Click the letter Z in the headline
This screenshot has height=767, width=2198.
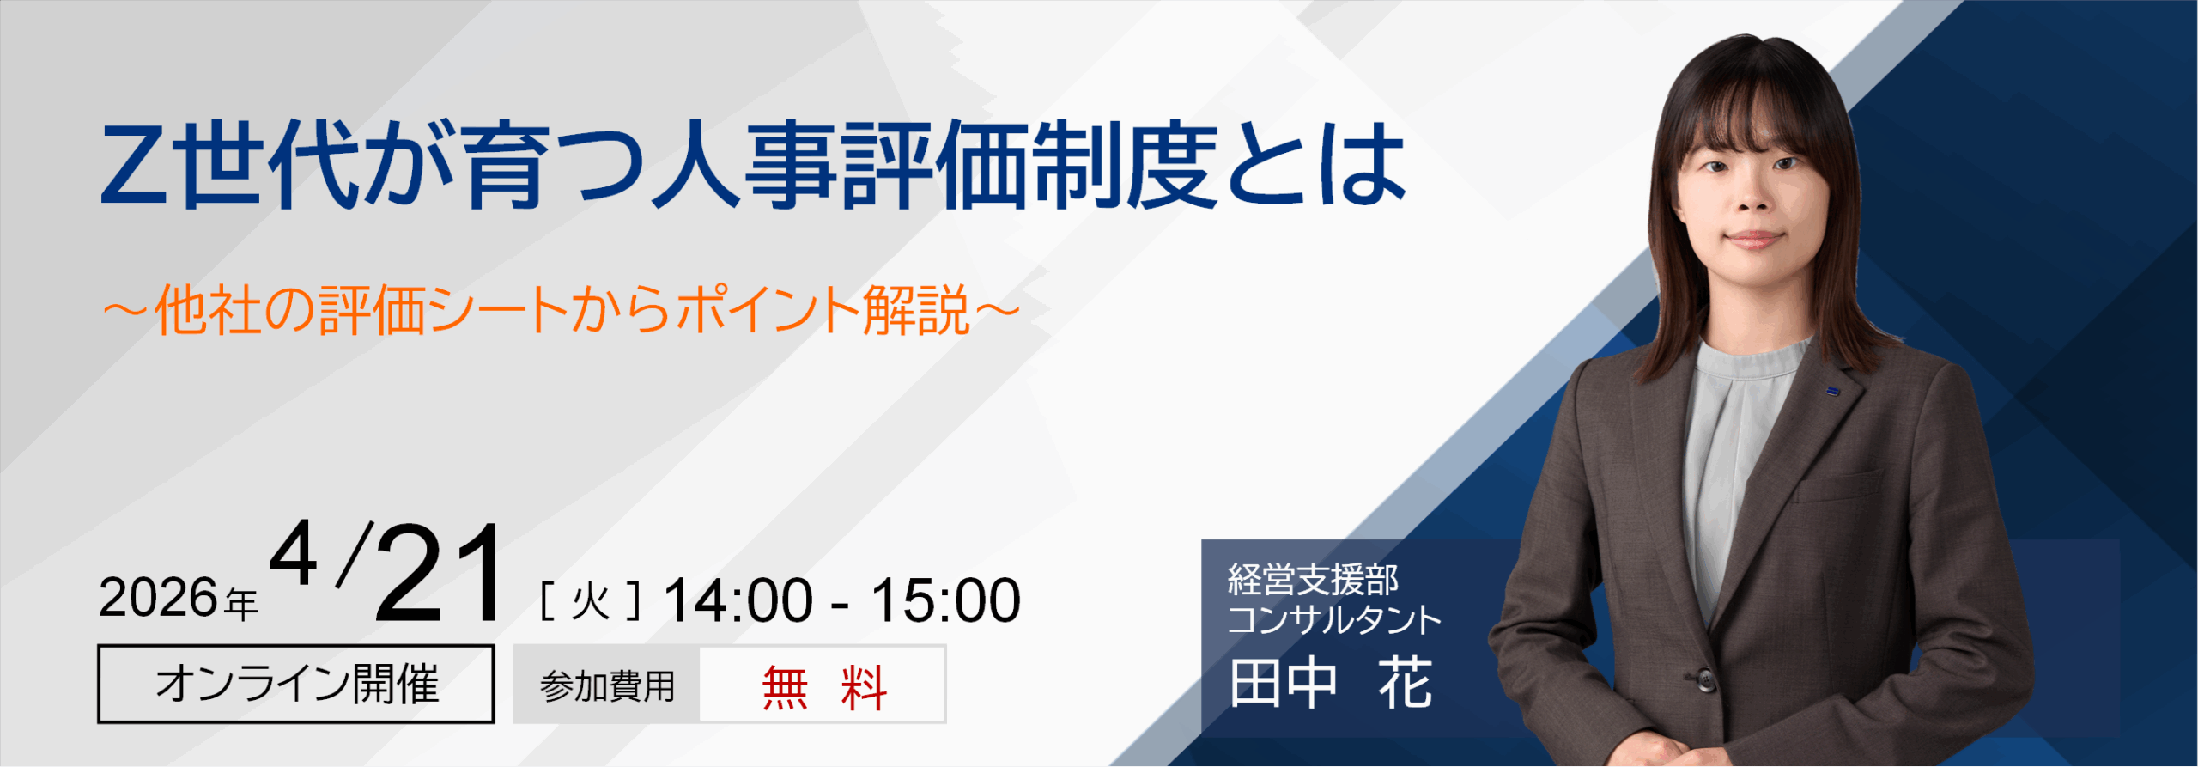point(135,165)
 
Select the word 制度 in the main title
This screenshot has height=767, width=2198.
point(1126,165)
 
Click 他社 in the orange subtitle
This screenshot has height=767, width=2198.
point(207,311)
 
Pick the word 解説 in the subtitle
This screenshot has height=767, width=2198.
point(916,311)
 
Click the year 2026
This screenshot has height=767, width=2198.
point(159,599)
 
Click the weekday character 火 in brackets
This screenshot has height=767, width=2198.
point(591,601)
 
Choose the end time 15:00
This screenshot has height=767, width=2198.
point(945,600)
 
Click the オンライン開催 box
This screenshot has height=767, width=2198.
point(296,685)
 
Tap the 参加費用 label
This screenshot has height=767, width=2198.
point(607,686)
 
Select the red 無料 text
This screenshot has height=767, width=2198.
point(823,687)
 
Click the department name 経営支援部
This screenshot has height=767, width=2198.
point(1313,580)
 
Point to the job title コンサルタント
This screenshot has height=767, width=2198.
point(1333,620)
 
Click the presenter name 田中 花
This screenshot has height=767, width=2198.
point(1330,684)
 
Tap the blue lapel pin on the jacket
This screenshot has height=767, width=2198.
point(1833,392)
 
